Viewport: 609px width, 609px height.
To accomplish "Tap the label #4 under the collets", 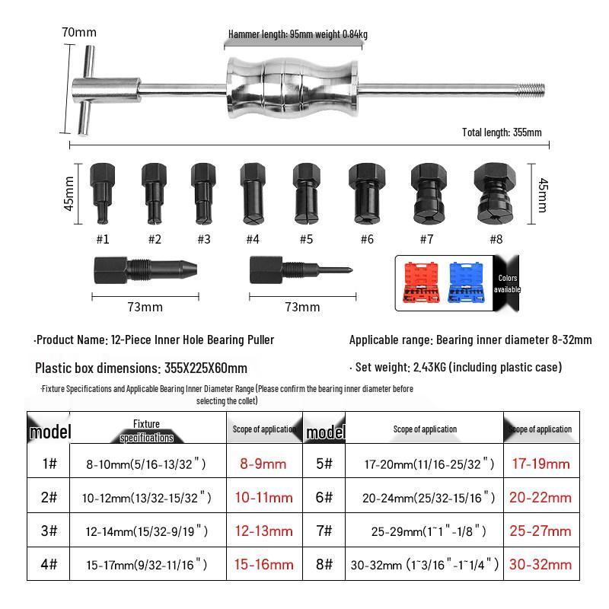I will [253, 239].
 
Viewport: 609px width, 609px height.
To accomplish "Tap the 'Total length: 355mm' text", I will [502, 132].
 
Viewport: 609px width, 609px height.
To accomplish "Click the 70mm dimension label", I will [79, 32].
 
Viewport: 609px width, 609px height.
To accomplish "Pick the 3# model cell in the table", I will [49, 531].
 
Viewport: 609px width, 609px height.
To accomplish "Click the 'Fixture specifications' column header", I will [146, 430].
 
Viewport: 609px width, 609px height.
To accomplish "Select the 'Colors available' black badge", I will [506, 284].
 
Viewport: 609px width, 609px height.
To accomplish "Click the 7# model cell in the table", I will [324, 531].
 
